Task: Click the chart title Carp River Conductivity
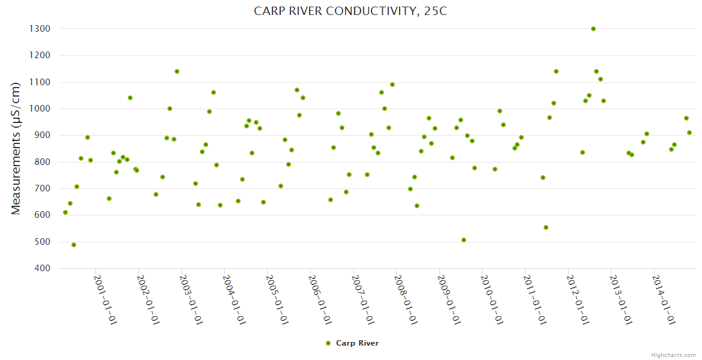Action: [x=351, y=11]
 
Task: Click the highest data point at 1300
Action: [x=593, y=29]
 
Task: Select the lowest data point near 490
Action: [x=74, y=245]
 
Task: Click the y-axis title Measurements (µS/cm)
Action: [x=16, y=148]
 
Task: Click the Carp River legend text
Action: [x=357, y=343]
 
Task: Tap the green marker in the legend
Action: [x=328, y=343]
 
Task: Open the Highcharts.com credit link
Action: [x=673, y=355]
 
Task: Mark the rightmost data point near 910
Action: [x=689, y=133]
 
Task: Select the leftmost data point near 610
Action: [x=65, y=212]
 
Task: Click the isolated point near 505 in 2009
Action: [x=464, y=240]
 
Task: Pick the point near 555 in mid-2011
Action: [x=546, y=227]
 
